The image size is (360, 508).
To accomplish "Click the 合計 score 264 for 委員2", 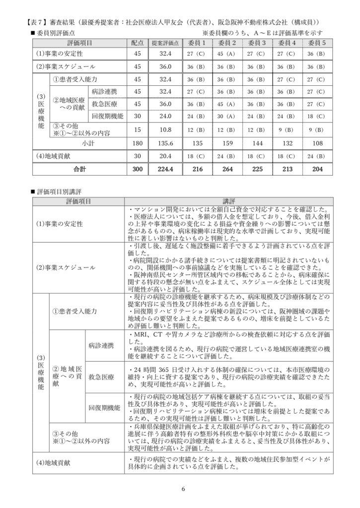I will coord(225,169).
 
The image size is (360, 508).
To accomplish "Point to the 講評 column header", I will coord(228,201).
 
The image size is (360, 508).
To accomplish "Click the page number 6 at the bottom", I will coord(183,490).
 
